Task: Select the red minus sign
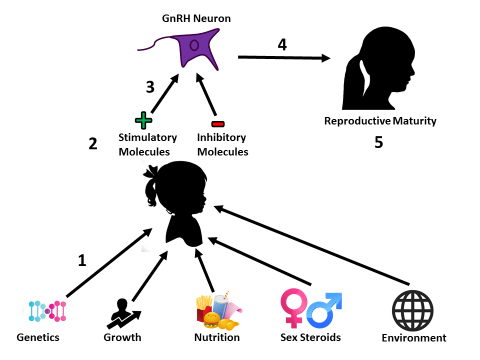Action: [x=219, y=122]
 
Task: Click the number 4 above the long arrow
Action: [x=281, y=44]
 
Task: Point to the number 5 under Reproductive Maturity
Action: [x=379, y=143]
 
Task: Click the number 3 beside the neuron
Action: [x=150, y=87]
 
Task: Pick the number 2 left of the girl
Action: [x=92, y=143]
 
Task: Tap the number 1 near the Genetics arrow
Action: [x=82, y=259]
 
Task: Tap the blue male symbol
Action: [x=325, y=308]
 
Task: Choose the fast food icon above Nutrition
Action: [x=217, y=310]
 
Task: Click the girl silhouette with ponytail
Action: [x=180, y=200]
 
